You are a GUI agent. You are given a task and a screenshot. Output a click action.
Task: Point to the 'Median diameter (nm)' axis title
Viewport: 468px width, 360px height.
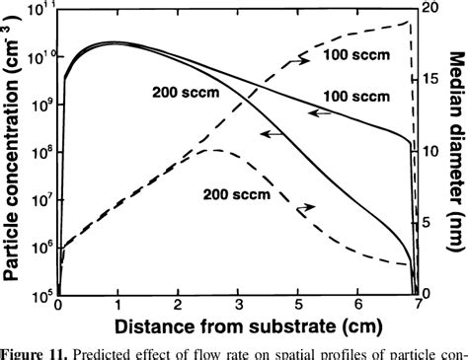454,148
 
